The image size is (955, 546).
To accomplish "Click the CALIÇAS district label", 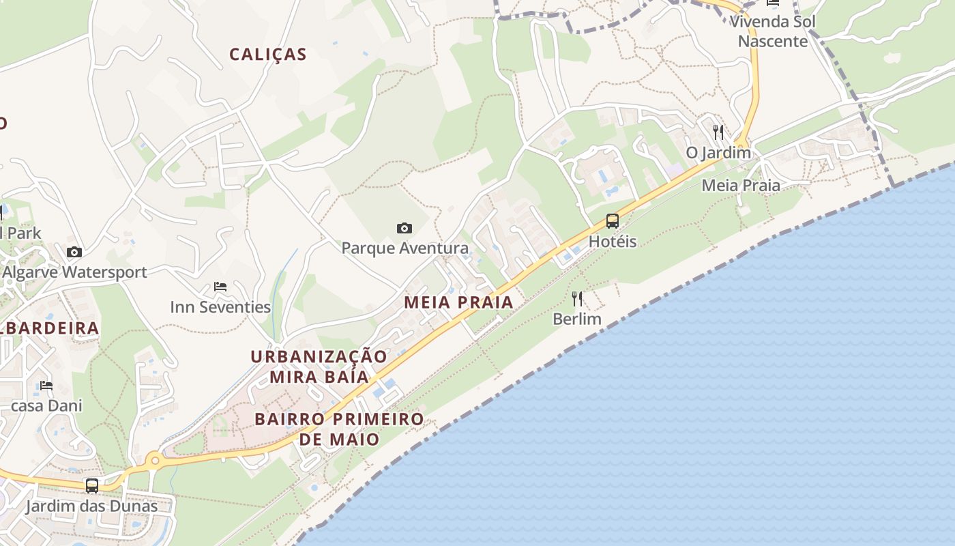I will tap(268, 55).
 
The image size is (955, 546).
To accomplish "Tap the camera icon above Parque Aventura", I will tap(405, 228).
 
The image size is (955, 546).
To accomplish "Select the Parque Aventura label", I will tap(405, 248).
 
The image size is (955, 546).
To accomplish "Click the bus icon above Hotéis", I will tap(613, 221).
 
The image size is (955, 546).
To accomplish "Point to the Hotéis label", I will tap(613, 242).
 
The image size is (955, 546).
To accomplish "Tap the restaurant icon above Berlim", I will tap(577, 299).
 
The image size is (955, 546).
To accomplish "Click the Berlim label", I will tap(577, 319).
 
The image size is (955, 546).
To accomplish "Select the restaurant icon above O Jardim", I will tap(718, 132).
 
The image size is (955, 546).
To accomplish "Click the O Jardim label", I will tap(718, 152).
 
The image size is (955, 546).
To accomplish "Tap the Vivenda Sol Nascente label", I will tap(773, 31).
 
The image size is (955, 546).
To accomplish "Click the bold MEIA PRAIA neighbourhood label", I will tap(458, 302).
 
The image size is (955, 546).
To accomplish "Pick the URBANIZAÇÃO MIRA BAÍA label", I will tap(319, 367).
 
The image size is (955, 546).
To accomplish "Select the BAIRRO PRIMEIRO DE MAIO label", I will tap(339, 429).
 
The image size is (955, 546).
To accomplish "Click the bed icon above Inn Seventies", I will tap(220, 287).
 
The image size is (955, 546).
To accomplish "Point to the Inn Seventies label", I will tap(220, 307).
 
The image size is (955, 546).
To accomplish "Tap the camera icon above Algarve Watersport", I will tap(74, 253).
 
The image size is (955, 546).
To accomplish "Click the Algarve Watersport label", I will tap(74, 272).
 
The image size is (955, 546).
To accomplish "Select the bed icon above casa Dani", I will tap(46, 386).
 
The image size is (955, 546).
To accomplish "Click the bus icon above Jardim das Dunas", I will tap(91, 486).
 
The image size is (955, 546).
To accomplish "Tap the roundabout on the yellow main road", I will tap(155, 461).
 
